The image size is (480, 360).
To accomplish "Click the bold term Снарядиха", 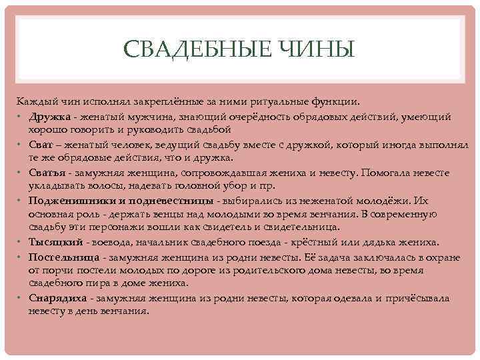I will (x=57, y=299).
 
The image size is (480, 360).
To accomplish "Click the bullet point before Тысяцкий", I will (x=21, y=242).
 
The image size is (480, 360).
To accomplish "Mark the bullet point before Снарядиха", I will (x=21, y=299).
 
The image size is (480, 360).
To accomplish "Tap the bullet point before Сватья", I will (x=21, y=172).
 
